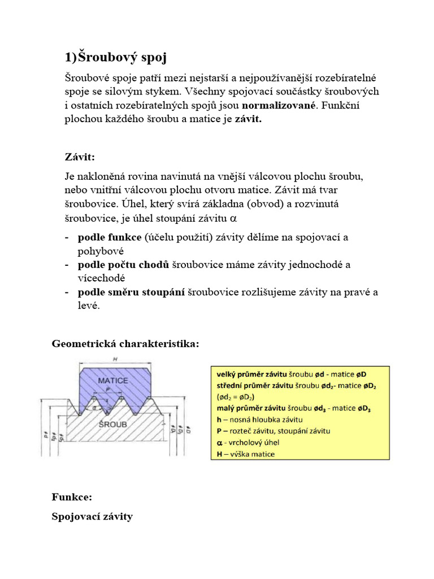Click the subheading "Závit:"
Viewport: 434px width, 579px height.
pos(80,156)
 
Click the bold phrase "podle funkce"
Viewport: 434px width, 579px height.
pos(110,237)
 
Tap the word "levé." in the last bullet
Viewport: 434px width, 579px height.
pos(89,305)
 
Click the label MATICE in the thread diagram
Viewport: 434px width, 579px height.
pos(113,381)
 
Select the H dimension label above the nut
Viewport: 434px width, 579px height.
pos(115,360)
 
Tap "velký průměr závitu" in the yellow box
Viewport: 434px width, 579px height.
pos(251,374)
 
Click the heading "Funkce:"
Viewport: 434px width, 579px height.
pos(72,498)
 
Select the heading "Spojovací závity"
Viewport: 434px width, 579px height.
pos(92,516)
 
